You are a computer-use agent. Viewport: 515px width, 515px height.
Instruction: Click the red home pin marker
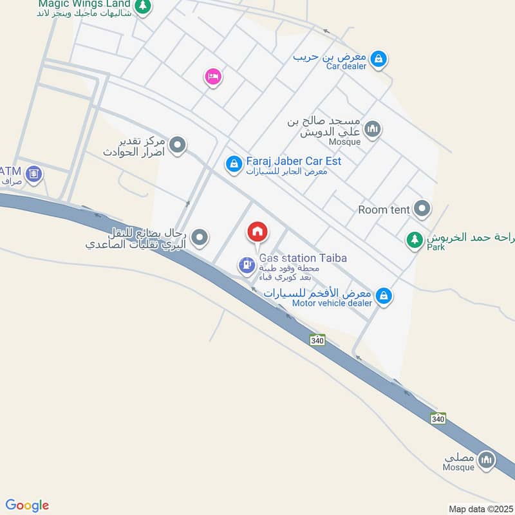[x=257, y=232]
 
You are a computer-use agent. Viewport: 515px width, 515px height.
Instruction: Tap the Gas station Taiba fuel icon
[x=246, y=265]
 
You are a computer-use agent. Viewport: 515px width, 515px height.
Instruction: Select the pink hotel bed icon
[x=212, y=77]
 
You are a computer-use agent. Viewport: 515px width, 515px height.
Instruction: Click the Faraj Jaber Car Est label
[x=294, y=161]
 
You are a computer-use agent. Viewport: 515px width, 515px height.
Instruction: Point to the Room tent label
[x=382, y=209]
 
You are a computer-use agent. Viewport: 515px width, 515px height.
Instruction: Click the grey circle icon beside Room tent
[x=422, y=208]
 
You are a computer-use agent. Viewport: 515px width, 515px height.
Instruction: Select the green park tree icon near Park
[x=413, y=241]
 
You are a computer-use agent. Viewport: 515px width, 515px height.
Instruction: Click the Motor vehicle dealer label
[x=332, y=303]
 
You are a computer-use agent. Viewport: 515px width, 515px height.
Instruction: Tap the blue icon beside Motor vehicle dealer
[x=384, y=296]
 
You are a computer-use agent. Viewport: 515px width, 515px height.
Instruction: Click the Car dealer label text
[x=346, y=66]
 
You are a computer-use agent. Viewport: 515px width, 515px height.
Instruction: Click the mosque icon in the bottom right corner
[x=487, y=460]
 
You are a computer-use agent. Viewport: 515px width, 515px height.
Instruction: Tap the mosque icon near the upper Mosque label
[x=372, y=131]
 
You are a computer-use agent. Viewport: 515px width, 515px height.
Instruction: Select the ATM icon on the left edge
[x=34, y=173]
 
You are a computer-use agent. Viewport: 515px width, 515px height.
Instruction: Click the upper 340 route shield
[x=317, y=339]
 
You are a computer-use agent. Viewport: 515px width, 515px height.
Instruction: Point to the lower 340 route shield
[x=438, y=418]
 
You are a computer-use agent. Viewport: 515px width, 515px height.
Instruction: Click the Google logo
[x=27, y=505]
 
